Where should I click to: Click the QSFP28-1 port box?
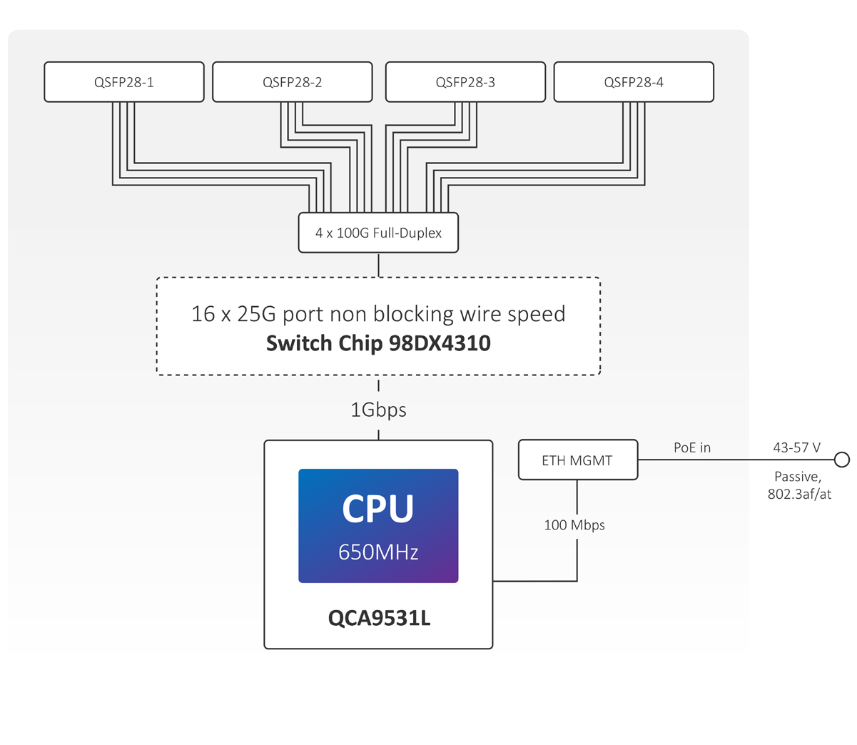pos(124,82)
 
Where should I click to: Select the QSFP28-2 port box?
pos(293,82)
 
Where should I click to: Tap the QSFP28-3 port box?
pos(465,82)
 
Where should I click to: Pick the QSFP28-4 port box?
pos(634,82)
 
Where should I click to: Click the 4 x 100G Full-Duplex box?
pos(378,233)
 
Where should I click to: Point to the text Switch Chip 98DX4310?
pos(378,343)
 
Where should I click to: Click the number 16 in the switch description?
pos(203,314)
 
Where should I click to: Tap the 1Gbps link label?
pos(378,410)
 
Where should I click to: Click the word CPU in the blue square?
pos(378,509)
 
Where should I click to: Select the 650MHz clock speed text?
pos(378,552)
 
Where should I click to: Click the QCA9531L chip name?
pos(379,618)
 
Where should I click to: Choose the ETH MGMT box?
pos(577,460)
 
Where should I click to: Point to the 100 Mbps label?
pos(574,525)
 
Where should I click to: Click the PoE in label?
pos(692,447)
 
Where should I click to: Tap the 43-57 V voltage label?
pos(796,447)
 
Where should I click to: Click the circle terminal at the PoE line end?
pos(842,460)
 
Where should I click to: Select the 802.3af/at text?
pos(799,494)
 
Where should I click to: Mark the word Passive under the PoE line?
pos(796,477)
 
